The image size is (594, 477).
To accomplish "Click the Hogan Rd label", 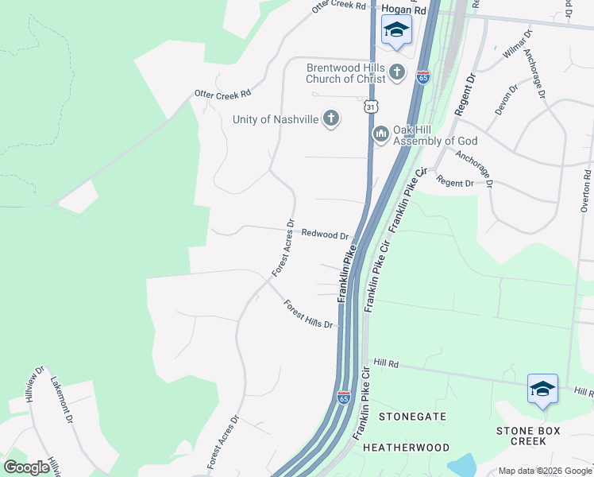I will click(403, 10).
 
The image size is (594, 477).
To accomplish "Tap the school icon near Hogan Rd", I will click(396, 31).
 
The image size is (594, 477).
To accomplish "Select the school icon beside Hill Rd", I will click(542, 388).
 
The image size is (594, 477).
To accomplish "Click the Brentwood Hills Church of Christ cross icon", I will click(397, 74).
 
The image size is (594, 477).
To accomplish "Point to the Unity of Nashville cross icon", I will click(331, 119).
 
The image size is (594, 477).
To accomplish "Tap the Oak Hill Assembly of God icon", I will click(380, 133).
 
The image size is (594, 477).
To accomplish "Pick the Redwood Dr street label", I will click(326, 235).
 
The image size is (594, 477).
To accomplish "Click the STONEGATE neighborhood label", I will click(412, 417).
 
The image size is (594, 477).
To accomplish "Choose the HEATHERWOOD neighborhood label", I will click(406, 448).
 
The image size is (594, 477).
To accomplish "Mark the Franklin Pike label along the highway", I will click(346, 272).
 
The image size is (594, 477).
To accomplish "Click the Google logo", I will click(26, 467).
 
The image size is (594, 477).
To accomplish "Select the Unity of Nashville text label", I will click(275, 119).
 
